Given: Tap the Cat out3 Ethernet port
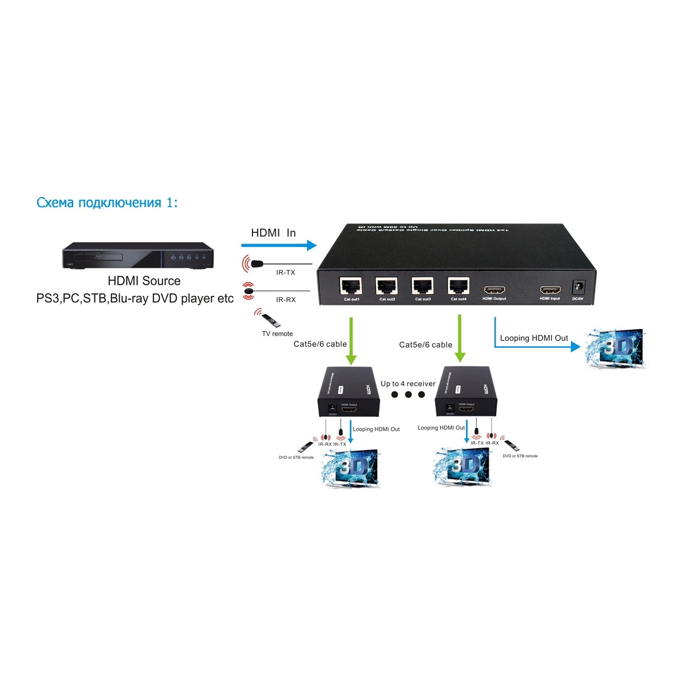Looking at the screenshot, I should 422,286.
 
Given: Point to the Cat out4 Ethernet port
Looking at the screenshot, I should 458,286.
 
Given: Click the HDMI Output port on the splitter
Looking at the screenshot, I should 494,290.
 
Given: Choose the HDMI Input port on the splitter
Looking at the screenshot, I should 549,290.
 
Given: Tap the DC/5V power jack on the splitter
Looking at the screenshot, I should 577,287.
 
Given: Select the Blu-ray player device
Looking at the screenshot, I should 137,257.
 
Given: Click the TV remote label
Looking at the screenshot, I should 277,334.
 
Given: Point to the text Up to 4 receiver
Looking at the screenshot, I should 408,383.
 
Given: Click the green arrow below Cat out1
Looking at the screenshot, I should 351,341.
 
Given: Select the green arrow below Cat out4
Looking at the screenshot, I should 460,341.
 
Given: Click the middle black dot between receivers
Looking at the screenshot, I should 408,395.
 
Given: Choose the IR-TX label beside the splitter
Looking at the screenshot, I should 286,273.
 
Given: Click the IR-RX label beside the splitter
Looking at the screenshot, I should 286,300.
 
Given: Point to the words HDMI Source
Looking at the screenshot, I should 144,281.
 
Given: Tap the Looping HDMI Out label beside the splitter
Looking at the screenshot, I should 534,338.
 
